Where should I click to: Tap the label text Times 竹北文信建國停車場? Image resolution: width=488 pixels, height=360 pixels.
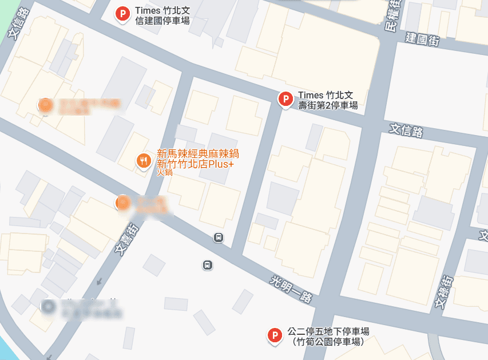[x=162, y=16]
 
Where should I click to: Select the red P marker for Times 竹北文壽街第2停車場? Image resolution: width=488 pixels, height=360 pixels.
[x=285, y=99]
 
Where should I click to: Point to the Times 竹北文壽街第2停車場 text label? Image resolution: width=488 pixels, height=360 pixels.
[x=327, y=100]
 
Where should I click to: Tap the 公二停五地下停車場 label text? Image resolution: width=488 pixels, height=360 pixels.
[x=328, y=331]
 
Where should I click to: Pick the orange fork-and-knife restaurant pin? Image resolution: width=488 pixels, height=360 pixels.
[x=144, y=161]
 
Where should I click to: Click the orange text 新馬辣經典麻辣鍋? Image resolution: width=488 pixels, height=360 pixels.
[x=197, y=153]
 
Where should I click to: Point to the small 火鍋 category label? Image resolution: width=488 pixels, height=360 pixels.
[x=165, y=172]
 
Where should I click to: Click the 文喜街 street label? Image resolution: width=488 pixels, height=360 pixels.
[x=126, y=239]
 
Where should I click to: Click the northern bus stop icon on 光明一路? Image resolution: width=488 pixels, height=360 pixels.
[x=218, y=238]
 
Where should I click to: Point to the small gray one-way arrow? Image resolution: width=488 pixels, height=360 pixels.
[x=99, y=281]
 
